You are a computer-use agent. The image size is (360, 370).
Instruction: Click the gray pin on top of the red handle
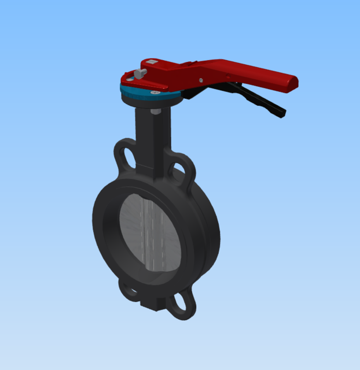pos(140,73)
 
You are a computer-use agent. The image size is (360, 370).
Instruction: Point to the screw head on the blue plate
pos(155,92)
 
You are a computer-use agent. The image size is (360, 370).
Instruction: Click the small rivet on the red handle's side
pos(201,80)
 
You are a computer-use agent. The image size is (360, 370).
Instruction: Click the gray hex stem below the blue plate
pos(155,110)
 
